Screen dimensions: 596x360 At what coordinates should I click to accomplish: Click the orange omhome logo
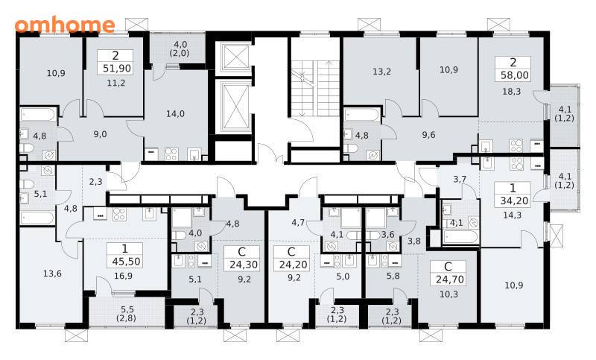[x=65, y=25]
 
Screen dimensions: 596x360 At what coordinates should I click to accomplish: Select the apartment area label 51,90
[x=117, y=69]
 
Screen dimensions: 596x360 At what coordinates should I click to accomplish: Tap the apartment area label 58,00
[x=515, y=75]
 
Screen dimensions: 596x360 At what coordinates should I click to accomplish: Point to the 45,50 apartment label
[x=126, y=262]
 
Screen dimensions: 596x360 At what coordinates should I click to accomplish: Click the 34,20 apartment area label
[x=514, y=200]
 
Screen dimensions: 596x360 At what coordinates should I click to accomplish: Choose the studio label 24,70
[x=450, y=280]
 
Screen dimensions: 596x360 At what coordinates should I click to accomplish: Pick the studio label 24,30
[x=244, y=265]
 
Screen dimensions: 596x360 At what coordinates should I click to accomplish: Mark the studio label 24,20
[x=293, y=265]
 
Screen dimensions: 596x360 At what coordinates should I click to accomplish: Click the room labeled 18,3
[x=512, y=92]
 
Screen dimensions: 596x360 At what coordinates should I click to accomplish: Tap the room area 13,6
[x=52, y=274]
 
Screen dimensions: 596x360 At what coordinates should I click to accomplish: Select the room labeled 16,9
[x=123, y=276]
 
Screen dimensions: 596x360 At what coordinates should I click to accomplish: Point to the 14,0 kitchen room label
[x=175, y=113]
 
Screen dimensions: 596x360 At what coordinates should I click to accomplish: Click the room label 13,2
[x=381, y=72]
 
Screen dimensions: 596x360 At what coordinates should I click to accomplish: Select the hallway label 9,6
[x=428, y=135]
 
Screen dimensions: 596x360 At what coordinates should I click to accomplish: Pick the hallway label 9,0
[x=100, y=134]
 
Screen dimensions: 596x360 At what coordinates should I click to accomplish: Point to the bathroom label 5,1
[x=40, y=194]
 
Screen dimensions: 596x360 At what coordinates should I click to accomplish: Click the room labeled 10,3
[x=448, y=294]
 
